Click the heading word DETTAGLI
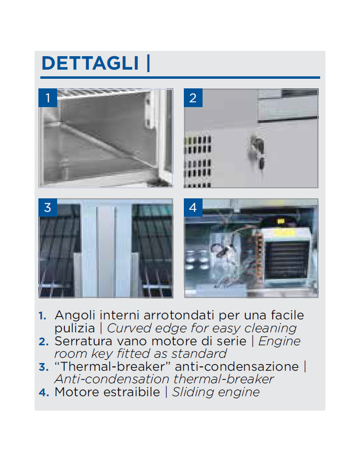tap(90, 63)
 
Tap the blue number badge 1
tap(48, 97)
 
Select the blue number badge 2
tap(193, 97)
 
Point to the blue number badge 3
tap(48, 207)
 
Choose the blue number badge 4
tap(193, 207)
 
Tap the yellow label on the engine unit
tap(281, 221)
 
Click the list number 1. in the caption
tap(42, 316)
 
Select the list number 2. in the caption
tap(43, 342)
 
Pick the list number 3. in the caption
tap(43, 367)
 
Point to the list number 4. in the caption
tap(44, 393)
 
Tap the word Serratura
tap(84, 341)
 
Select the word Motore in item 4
tap(77, 392)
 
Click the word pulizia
tap(75, 328)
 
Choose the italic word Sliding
tap(193, 393)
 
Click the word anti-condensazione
tap(237, 367)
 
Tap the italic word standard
tap(199, 353)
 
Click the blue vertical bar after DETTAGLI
tap(148, 63)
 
